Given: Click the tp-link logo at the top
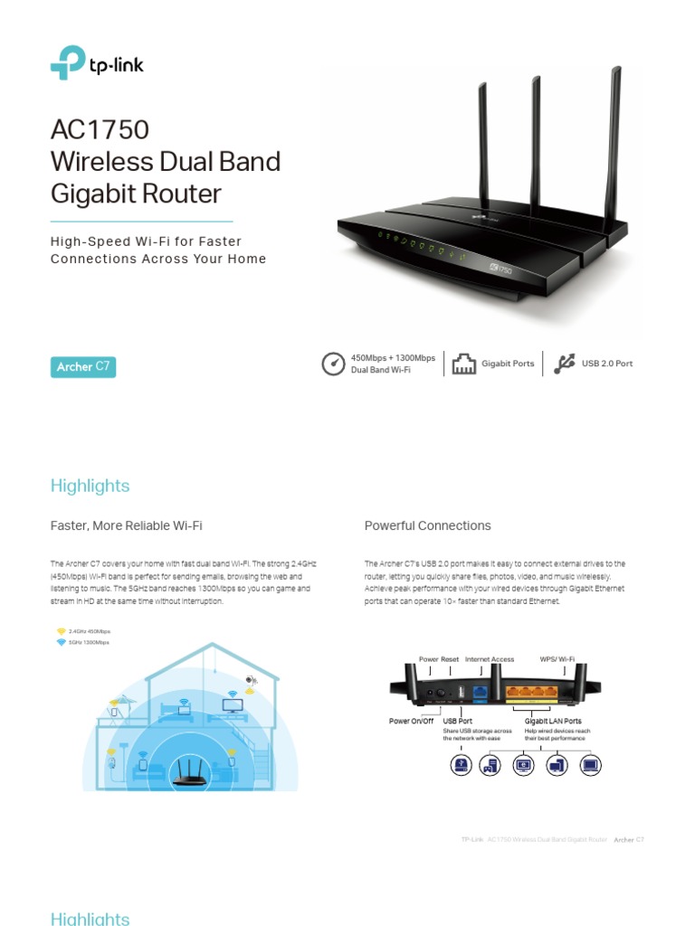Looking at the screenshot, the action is pos(97,63).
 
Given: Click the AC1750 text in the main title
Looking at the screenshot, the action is pos(100,130).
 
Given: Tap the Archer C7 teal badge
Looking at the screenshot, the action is pos(83,366).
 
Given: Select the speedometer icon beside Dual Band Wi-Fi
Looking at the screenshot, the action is pos(333,364).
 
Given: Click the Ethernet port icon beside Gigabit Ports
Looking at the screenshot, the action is pos(463,364).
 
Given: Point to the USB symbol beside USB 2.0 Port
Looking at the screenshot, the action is pos(565,364).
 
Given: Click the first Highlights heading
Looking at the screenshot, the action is pos(90,486).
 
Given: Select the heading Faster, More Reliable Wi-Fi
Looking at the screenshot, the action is pos(126,525).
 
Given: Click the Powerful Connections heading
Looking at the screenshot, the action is pos(427,525).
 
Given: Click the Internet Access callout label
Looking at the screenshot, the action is pos(489,660).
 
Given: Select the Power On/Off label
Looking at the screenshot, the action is pos(412,721).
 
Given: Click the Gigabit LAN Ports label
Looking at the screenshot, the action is pos(553,721).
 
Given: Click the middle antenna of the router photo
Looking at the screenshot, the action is pos(536,136).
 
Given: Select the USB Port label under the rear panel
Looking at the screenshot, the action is pos(458,721).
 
